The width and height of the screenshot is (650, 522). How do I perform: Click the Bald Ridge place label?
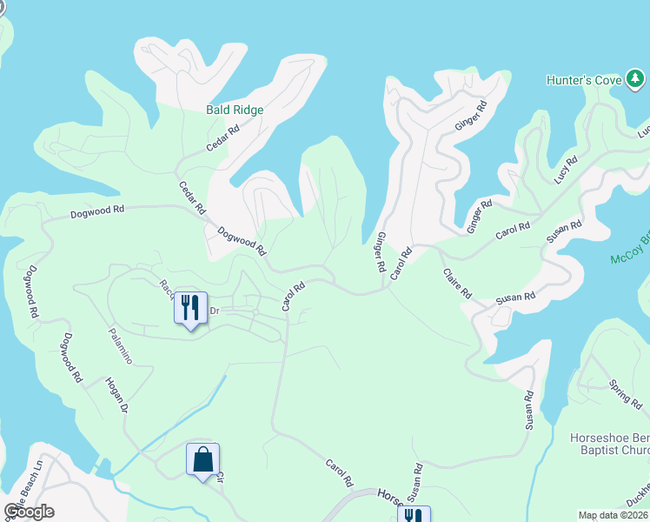(x=235, y=110)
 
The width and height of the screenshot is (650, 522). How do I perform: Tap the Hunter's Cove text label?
(x=583, y=80)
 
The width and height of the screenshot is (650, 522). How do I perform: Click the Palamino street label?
(x=120, y=345)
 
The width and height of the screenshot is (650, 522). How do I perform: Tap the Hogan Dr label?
(x=117, y=395)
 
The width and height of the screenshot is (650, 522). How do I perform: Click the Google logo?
(x=29, y=512)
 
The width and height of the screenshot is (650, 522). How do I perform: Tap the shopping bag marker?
(x=202, y=459)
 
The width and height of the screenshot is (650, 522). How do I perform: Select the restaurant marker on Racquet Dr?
(x=190, y=307)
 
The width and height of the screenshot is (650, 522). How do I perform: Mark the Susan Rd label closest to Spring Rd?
(x=528, y=410)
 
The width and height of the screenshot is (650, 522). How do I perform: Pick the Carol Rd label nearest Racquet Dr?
(x=293, y=297)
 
